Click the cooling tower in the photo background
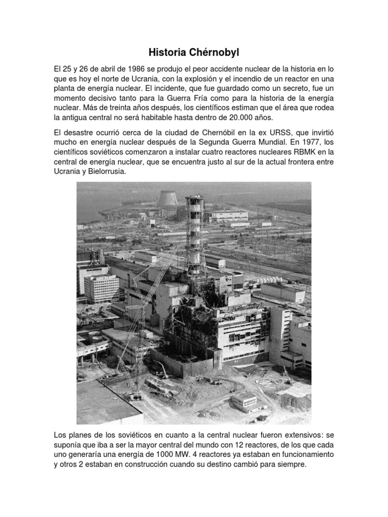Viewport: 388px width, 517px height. (x=167, y=198)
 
